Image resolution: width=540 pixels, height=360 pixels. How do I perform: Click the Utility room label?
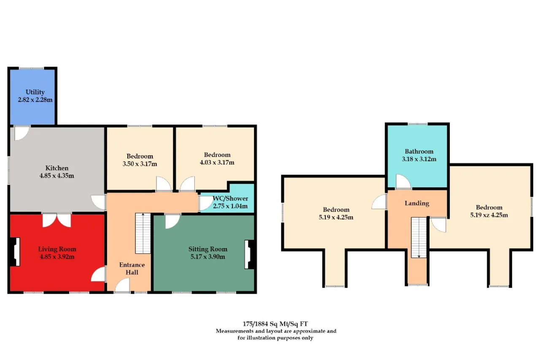(x=35, y=92)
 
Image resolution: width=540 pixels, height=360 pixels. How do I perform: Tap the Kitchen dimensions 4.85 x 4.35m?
(x=57, y=176)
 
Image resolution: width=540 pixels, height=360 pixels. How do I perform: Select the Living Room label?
(x=57, y=249)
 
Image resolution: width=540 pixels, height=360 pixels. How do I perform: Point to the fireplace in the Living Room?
(x=15, y=252)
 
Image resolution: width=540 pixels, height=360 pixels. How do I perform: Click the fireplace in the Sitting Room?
(x=249, y=254)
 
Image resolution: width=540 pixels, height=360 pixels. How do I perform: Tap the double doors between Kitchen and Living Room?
(x=57, y=220)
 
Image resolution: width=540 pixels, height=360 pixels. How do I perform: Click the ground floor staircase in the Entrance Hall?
(x=143, y=233)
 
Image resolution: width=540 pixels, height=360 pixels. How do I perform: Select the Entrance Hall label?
(x=132, y=268)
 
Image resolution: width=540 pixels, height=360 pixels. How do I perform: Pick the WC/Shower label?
(x=230, y=198)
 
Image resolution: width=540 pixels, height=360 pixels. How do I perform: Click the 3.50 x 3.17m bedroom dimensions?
(x=140, y=164)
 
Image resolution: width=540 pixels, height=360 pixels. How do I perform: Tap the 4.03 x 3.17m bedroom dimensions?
(x=217, y=162)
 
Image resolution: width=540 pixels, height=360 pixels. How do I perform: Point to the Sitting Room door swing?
(x=173, y=221)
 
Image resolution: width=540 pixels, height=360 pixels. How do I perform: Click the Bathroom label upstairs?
(x=419, y=152)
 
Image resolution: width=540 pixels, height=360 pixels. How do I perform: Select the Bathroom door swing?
(x=403, y=181)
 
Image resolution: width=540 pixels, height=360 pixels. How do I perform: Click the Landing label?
(x=417, y=203)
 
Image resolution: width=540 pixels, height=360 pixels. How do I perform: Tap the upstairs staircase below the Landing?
(x=419, y=238)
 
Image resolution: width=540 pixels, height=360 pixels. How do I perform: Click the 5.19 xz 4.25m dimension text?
(x=489, y=215)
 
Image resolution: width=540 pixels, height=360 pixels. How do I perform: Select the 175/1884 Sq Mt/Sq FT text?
(x=275, y=324)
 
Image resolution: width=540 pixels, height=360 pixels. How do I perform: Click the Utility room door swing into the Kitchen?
(x=22, y=133)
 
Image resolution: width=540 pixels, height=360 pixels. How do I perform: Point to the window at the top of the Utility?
(x=32, y=68)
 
